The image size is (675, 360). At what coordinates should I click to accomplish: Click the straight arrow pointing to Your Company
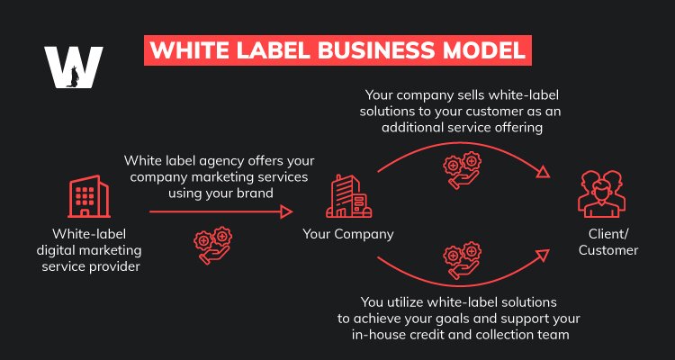coord(221,211)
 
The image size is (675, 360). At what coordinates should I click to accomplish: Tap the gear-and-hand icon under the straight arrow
coord(213,246)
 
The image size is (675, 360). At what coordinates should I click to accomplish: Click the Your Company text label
coord(347,236)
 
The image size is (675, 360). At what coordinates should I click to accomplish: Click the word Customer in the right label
coord(608,250)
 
